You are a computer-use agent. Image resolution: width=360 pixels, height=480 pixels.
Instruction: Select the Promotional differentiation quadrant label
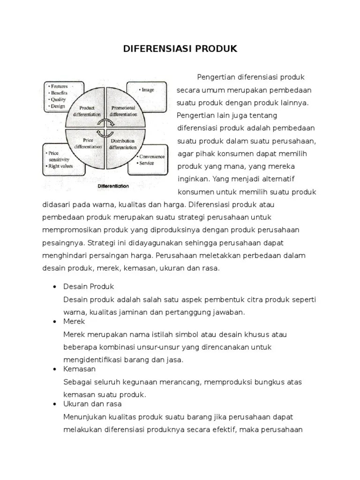pos(124,111)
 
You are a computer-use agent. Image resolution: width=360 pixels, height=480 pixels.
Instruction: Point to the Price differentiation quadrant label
pos(88,143)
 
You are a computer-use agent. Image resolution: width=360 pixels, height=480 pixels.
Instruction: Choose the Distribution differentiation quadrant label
pos(122,143)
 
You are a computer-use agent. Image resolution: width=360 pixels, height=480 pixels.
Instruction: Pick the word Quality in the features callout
pos(58,99)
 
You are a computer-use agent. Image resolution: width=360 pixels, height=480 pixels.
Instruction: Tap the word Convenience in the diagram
pos(152,157)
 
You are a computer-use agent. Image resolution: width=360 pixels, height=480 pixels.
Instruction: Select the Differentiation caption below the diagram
pos(113,186)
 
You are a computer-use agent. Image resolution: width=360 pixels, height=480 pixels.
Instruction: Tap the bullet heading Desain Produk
pos(89,286)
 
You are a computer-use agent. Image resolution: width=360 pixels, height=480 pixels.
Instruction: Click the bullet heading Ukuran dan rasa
pos(92,404)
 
